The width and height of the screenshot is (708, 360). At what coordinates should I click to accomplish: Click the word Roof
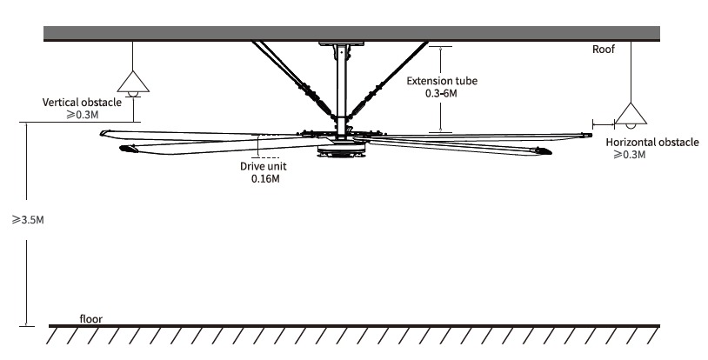tap(604, 50)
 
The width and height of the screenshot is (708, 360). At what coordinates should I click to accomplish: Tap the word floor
tap(90, 319)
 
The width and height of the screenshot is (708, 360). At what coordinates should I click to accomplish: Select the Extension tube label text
tap(442, 81)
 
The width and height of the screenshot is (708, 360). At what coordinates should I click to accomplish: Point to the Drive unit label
tap(264, 166)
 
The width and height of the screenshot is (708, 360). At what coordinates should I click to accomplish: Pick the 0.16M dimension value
tap(264, 179)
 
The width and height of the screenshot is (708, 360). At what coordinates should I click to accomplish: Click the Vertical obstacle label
tap(82, 102)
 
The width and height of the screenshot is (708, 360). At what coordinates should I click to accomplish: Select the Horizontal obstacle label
tap(652, 142)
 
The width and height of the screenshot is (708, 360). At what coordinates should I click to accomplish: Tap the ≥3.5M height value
tap(28, 220)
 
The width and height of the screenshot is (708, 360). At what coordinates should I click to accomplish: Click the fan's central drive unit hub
tap(341, 147)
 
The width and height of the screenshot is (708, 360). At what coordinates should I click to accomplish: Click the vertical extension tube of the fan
tap(340, 87)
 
